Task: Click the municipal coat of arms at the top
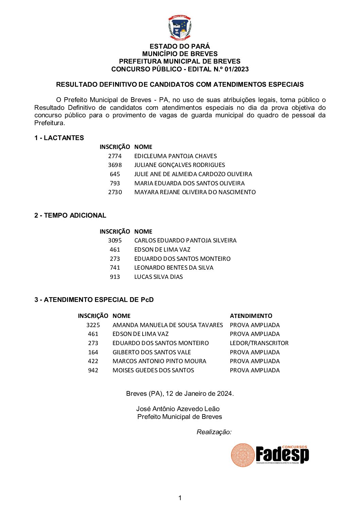click(180, 28)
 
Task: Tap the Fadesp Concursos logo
click(270, 455)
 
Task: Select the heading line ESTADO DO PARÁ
click(180, 46)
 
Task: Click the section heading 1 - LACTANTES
click(59, 138)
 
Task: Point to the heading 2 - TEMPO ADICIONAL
click(70, 215)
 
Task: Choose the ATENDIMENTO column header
click(251, 316)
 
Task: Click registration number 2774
click(115, 156)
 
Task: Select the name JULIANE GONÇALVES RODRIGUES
click(179, 165)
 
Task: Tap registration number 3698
click(115, 165)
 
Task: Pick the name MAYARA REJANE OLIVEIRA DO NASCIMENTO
click(195, 192)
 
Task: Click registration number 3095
click(115, 240)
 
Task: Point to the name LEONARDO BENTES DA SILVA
click(174, 268)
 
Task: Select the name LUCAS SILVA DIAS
click(158, 277)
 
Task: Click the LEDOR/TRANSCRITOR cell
click(259, 343)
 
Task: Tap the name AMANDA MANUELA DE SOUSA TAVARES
click(167, 325)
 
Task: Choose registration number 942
click(93, 370)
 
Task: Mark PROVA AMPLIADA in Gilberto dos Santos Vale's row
click(255, 352)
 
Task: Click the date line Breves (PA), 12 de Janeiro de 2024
click(180, 394)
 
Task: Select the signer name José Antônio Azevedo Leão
click(178, 409)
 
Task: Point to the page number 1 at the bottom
click(180, 498)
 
